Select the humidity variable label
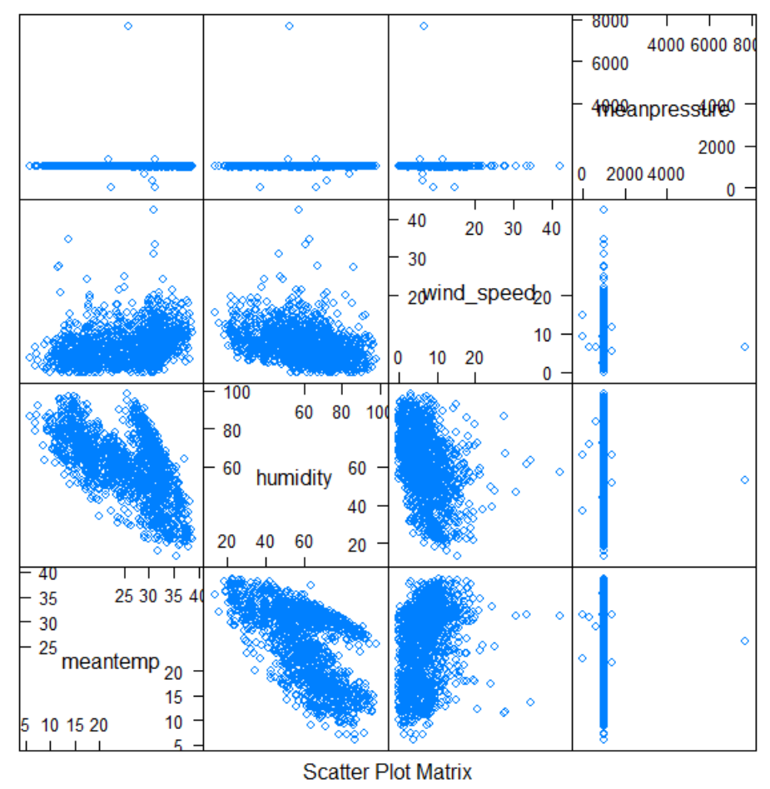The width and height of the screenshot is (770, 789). pyautogui.click(x=293, y=478)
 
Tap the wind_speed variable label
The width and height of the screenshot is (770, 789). pyautogui.click(x=479, y=293)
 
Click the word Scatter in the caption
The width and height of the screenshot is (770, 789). pyautogui.click(x=332, y=772)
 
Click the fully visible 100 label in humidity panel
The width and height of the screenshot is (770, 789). pyautogui.click(x=236, y=391)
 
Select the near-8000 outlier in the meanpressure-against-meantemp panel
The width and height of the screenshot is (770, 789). pyautogui.click(x=128, y=26)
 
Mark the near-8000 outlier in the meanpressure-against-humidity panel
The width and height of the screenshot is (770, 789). pyautogui.click(x=289, y=26)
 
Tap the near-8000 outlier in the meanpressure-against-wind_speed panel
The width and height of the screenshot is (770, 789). pyautogui.click(x=424, y=26)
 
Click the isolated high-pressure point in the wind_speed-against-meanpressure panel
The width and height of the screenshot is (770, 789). pyautogui.click(x=744, y=346)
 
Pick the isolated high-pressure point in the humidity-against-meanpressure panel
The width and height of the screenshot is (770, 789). pyautogui.click(x=744, y=479)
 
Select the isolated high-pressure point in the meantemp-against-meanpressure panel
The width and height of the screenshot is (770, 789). pyautogui.click(x=744, y=641)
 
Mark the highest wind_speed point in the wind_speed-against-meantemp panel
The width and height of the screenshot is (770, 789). pyautogui.click(x=153, y=209)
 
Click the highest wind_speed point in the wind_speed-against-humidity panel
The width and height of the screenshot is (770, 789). pyautogui.click(x=298, y=209)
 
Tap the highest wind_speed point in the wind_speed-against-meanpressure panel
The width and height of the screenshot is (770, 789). pyautogui.click(x=604, y=210)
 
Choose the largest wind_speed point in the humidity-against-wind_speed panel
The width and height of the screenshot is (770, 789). pyautogui.click(x=559, y=472)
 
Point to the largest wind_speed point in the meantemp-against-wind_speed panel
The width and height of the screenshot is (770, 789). pyautogui.click(x=559, y=616)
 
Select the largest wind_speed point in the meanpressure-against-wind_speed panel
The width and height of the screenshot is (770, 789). pyautogui.click(x=559, y=166)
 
